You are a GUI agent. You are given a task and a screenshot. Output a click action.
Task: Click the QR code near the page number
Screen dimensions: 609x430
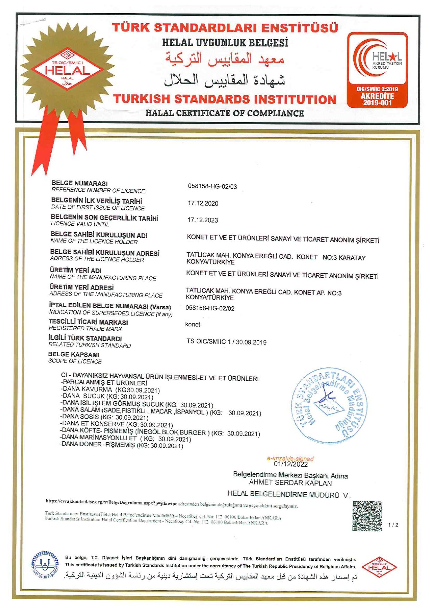(x=367, y=516)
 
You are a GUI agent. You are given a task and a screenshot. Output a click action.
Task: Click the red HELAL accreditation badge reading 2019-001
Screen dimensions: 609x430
(x=377, y=69)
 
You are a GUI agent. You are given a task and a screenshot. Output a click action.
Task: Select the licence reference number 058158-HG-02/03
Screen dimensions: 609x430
(x=213, y=186)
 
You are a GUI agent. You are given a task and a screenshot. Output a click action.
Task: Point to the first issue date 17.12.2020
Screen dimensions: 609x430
(x=203, y=203)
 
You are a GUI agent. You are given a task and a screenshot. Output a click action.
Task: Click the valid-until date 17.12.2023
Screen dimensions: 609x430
(x=203, y=220)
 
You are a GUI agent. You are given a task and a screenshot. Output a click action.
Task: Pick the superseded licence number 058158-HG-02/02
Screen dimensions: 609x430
(x=210, y=308)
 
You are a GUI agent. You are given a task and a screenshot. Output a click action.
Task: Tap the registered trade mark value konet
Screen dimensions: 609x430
(x=193, y=324)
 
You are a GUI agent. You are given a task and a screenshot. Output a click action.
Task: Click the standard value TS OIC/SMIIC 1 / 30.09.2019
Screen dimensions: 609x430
(x=226, y=342)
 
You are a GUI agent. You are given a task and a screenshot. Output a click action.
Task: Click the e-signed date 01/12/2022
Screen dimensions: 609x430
(x=291, y=464)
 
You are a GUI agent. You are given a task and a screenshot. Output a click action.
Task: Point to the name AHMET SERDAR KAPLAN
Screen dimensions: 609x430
(x=290, y=483)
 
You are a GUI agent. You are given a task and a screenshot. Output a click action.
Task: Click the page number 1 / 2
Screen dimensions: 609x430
(x=393, y=525)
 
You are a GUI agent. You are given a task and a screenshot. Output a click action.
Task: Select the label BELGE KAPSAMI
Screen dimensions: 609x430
(x=74, y=354)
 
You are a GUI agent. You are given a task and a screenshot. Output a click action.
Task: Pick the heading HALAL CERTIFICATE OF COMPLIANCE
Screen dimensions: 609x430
(x=224, y=113)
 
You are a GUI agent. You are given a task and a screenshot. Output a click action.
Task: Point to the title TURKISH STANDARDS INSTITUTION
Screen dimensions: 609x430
(x=225, y=99)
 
